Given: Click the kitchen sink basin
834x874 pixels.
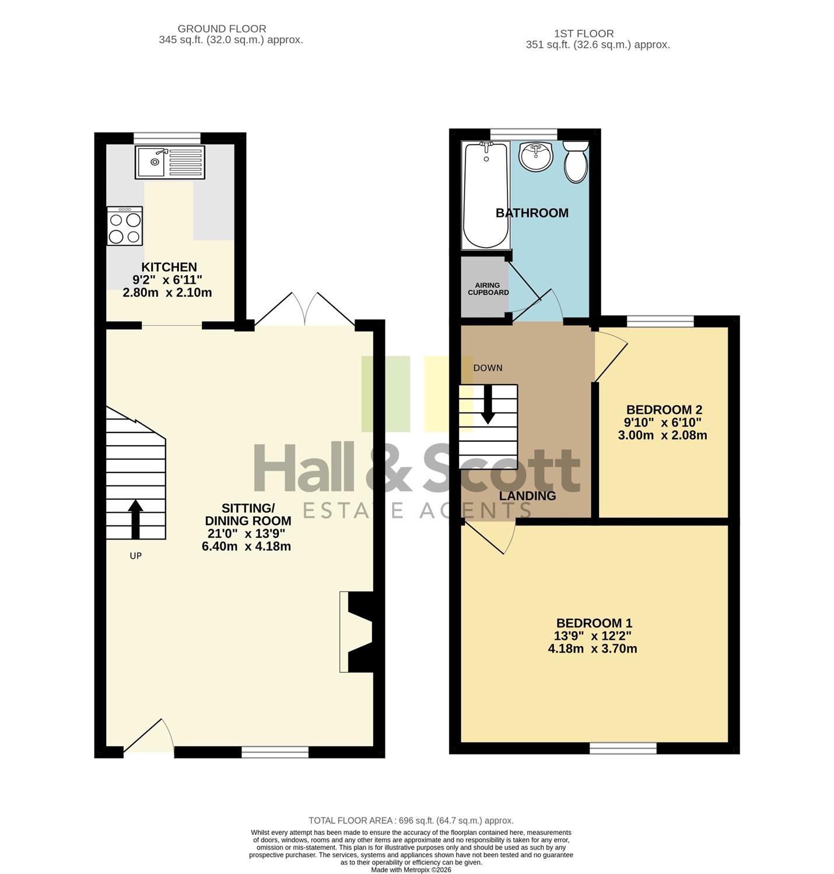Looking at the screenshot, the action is click(151, 162).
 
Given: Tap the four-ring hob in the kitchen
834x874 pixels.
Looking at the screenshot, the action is click(125, 226).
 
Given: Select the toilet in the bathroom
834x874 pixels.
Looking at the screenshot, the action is click(576, 162).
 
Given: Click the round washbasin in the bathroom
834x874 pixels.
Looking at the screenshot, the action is click(537, 157).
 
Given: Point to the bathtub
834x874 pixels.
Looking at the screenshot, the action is click(486, 196).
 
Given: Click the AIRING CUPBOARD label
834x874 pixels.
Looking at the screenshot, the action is click(488, 289).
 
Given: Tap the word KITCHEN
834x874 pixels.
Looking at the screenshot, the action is click(169, 267).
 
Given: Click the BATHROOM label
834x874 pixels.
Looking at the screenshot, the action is click(532, 213).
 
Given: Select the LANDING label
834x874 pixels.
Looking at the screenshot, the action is click(527, 496).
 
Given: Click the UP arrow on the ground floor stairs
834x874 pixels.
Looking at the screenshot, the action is click(136, 519).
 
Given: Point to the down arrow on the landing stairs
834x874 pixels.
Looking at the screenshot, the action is click(488, 404).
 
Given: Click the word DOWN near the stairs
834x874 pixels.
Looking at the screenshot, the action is click(488, 368).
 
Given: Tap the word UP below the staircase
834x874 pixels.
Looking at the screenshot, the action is click(136, 556).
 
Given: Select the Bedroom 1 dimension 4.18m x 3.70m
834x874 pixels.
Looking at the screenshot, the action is click(593, 649).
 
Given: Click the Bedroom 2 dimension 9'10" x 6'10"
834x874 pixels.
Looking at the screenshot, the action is click(663, 422).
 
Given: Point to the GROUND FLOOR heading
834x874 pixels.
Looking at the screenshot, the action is click(222, 29).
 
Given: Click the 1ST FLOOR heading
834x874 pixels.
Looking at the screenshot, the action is click(584, 34).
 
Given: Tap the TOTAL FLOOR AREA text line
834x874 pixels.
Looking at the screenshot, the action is click(411, 820).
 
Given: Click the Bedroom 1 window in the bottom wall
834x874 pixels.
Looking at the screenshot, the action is click(623, 748).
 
